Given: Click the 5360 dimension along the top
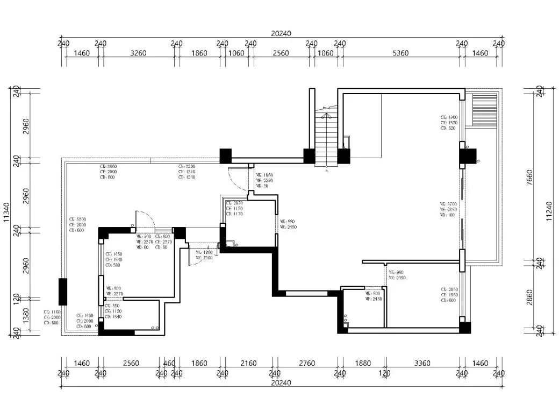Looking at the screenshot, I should [x=400, y=53].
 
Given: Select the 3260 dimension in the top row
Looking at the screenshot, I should [x=138, y=53].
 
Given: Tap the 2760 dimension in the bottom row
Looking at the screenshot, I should [x=306, y=363].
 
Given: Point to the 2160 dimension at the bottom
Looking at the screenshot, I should [x=248, y=363].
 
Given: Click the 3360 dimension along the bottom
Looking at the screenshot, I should [x=422, y=363].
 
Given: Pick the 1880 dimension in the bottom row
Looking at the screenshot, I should [x=363, y=363].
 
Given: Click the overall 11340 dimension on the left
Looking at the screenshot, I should [x=6, y=212].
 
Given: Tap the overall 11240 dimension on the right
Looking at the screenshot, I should [x=549, y=212].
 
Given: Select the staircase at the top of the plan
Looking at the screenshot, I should [x=324, y=137].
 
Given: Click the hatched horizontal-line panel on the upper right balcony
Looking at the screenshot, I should [x=483, y=110].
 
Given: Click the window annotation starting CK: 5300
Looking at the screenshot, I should [x=77, y=225].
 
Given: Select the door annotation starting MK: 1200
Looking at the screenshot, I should [x=204, y=255].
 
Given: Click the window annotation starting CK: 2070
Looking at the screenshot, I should [x=234, y=208].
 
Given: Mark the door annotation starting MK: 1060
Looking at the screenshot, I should [x=264, y=180].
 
